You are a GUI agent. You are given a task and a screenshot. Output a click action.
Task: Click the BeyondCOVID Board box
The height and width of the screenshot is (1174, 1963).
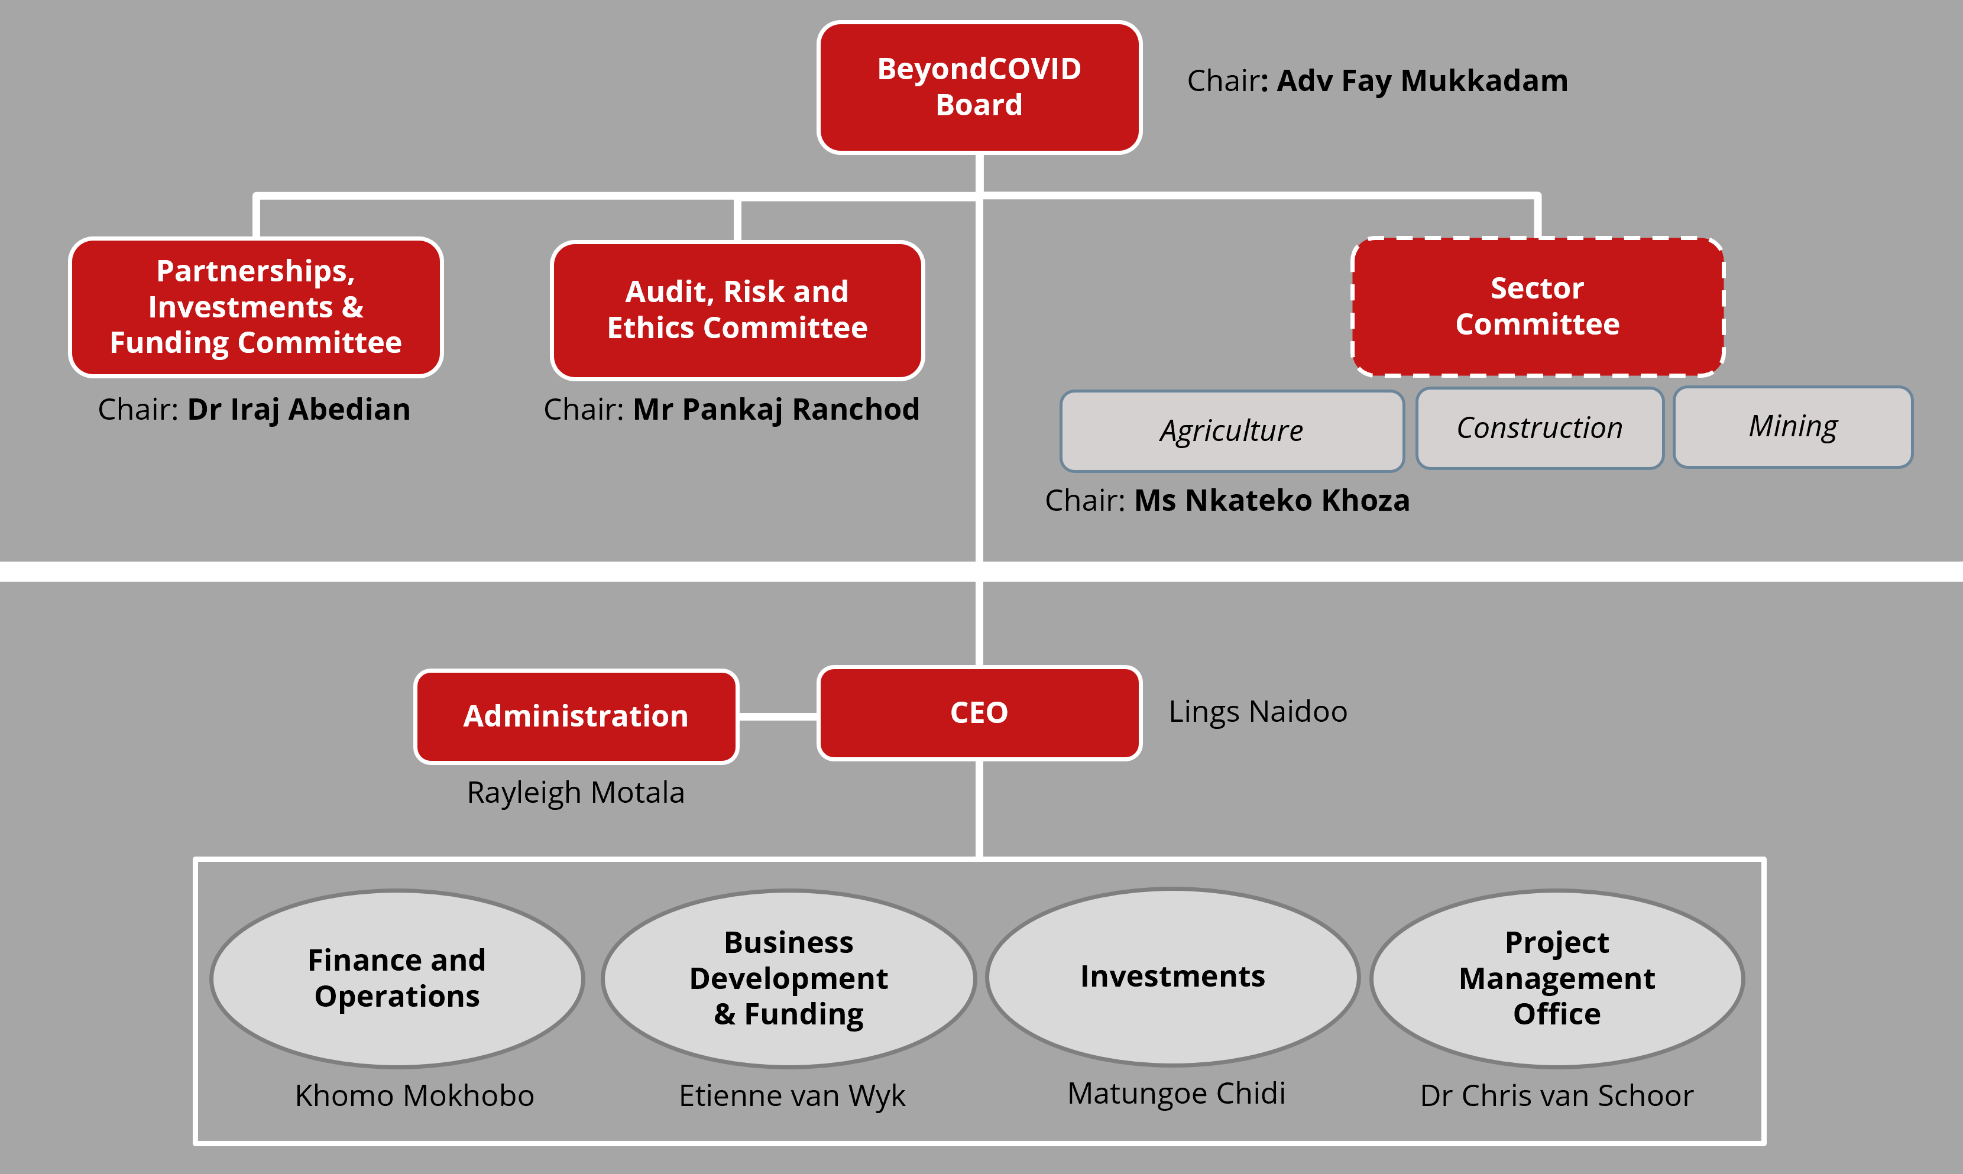coord(979,87)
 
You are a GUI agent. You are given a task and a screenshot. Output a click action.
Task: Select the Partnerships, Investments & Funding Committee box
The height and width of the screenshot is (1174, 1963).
coord(255,307)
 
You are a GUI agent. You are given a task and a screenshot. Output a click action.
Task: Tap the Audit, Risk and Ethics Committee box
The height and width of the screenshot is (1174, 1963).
coord(737,310)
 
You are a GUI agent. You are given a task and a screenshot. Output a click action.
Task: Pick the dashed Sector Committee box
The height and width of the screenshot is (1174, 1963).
coord(1537,307)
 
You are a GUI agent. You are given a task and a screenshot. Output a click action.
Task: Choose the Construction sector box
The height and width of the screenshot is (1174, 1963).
coord(1539,428)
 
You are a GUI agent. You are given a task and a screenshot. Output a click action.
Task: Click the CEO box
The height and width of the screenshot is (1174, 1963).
coord(979,713)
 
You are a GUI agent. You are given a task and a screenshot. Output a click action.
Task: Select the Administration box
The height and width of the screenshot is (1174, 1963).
coord(576,716)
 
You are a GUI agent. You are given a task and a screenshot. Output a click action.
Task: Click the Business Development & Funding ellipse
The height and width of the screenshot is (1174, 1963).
coord(788,978)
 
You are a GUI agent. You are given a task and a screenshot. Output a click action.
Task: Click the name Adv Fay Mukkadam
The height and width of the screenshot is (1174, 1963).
coord(1422,81)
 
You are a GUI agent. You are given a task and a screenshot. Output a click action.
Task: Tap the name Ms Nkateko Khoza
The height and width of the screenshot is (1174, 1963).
coord(1271,501)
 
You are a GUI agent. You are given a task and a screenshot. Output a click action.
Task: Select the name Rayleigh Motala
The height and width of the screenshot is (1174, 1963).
coord(575,793)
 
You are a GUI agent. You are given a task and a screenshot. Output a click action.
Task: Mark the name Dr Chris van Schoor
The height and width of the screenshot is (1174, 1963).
coord(1556,1096)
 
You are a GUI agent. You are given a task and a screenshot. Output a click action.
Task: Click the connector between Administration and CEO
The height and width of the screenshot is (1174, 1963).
coord(777,716)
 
